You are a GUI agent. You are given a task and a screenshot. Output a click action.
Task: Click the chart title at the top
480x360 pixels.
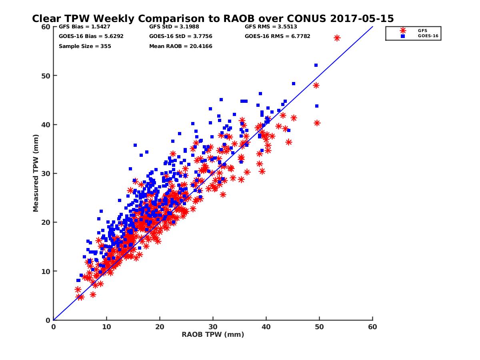(x=213, y=18)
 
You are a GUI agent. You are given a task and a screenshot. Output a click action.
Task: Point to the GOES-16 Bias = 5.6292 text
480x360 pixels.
(x=85, y=36)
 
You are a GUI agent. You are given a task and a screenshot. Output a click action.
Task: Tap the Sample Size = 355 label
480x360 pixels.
(x=85, y=46)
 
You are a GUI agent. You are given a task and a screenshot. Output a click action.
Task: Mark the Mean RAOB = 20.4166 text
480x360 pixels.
(x=181, y=46)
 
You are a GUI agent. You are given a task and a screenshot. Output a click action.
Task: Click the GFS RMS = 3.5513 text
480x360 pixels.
(x=271, y=27)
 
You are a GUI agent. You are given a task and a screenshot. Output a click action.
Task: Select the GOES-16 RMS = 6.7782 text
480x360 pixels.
(x=278, y=36)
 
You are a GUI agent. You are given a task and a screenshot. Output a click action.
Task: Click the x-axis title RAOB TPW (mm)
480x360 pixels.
(x=213, y=334)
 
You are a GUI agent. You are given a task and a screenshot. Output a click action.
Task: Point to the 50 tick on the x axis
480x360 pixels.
(x=319, y=327)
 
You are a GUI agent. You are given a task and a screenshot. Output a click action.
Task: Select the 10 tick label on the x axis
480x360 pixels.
(x=106, y=327)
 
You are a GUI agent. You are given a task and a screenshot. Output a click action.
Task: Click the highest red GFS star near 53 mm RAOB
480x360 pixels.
(x=337, y=38)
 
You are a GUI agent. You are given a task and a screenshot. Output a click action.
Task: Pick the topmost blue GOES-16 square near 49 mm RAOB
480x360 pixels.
(x=316, y=65)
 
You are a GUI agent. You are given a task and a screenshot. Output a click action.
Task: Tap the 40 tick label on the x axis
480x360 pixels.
(x=266, y=327)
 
